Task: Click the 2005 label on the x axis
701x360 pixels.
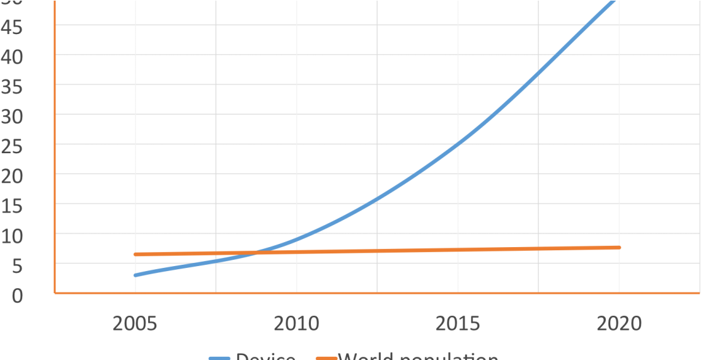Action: pos(135,324)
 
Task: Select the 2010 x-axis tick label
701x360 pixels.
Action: pos(296,324)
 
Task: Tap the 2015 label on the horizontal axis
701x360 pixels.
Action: pos(458,324)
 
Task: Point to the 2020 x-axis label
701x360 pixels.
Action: pos(619,324)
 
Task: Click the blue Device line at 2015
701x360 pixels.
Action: pos(458,144)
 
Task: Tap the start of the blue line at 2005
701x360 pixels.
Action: pos(135,275)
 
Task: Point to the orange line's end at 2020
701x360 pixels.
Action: pos(619,247)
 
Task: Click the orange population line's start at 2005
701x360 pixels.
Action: pos(135,254)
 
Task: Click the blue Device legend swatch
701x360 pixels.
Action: pos(219,357)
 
